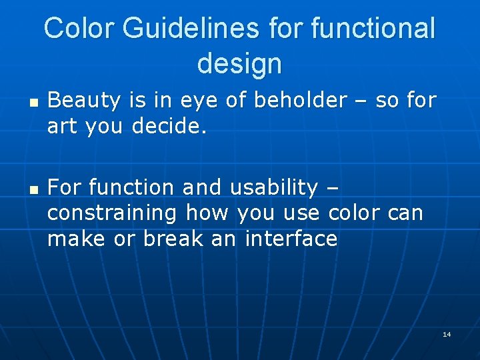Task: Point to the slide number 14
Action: (447, 334)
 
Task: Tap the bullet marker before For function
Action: (33, 191)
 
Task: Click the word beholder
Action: (301, 101)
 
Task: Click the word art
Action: (62, 126)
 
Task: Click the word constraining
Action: (112, 214)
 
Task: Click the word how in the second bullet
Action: (203, 213)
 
